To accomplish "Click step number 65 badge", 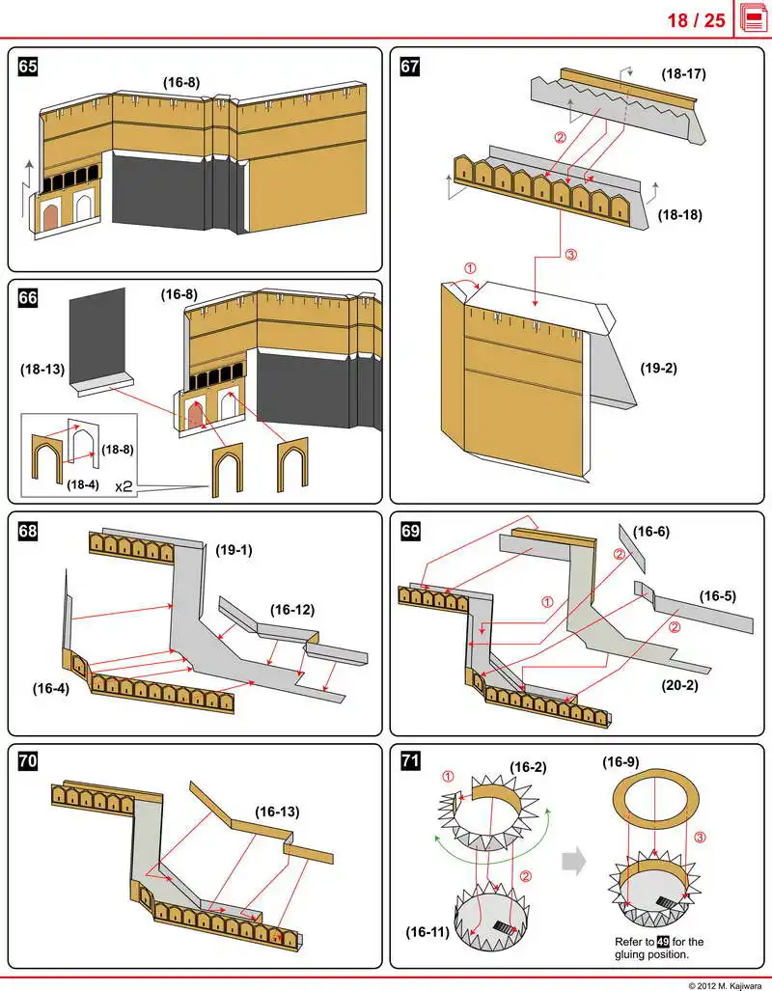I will (x=28, y=67).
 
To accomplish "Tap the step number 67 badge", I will (x=410, y=67).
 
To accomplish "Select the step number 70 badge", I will (x=28, y=762).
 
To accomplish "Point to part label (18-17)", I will (x=684, y=73).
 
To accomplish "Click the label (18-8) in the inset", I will (x=117, y=449).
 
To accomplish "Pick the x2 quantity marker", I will (x=124, y=487).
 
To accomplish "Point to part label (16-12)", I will (x=290, y=609).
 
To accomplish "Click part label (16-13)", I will (x=277, y=812).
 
